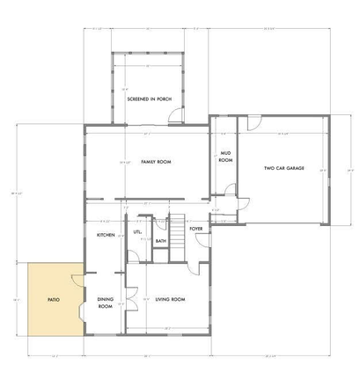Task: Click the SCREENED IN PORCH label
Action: pyautogui.click(x=148, y=99)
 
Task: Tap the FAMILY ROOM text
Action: pyautogui.click(x=155, y=163)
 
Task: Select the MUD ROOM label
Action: pyautogui.click(x=225, y=157)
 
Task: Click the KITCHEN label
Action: pyautogui.click(x=107, y=235)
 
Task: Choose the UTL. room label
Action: pyautogui.click(x=137, y=232)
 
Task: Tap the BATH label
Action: pyautogui.click(x=161, y=240)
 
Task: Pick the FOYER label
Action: pyautogui.click(x=196, y=229)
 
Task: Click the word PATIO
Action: pyautogui.click(x=53, y=300)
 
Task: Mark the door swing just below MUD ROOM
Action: pyautogui.click(x=230, y=189)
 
